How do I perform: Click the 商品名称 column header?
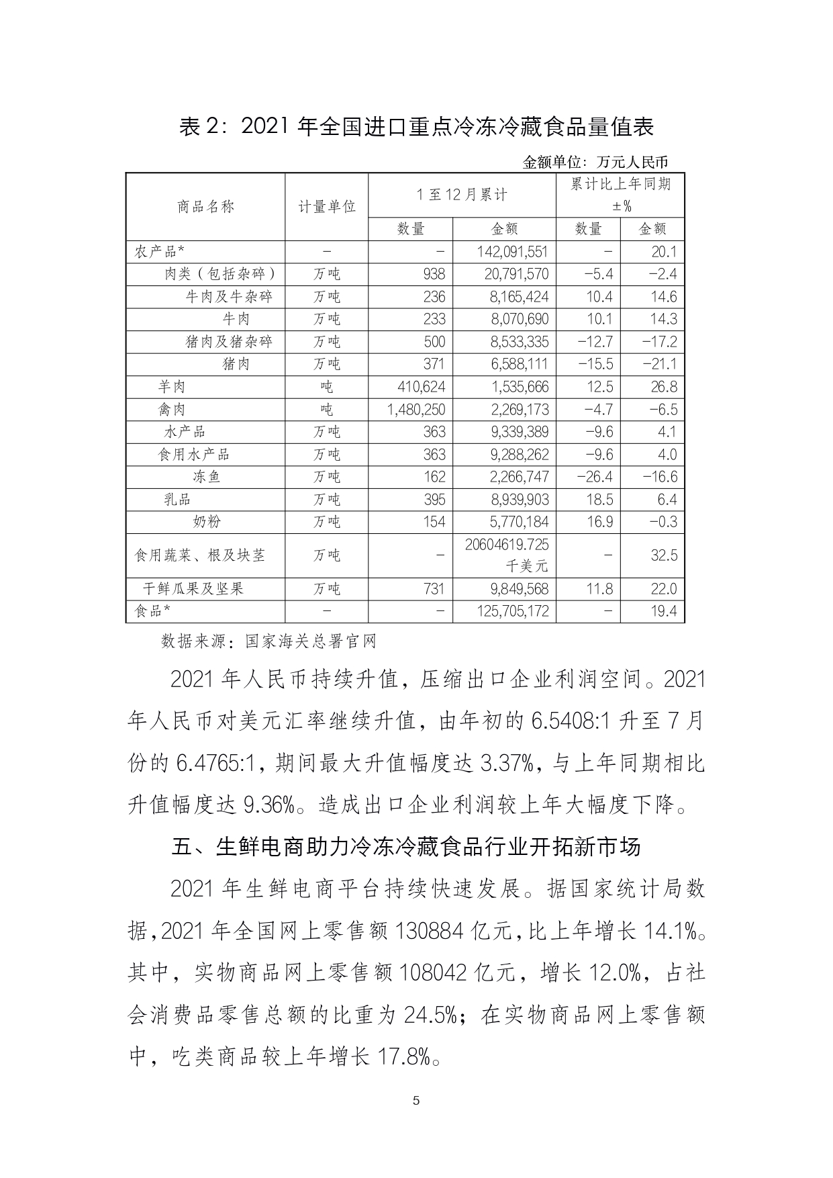point(205,206)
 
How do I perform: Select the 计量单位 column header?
point(326,206)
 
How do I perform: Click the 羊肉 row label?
point(172,387)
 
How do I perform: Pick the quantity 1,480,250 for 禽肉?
point(416,410)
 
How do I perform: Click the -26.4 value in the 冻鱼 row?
point(595,477)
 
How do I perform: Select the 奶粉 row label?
point(205,522)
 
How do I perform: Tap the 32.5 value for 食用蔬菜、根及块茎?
point(663,555)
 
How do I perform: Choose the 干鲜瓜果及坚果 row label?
point(193,589)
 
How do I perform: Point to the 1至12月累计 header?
point(462,195)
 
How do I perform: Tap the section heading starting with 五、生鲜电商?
point(406,846)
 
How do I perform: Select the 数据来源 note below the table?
point(268,641)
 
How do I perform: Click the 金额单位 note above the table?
point(595,162)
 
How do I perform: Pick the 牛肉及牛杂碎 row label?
point(229,297)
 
